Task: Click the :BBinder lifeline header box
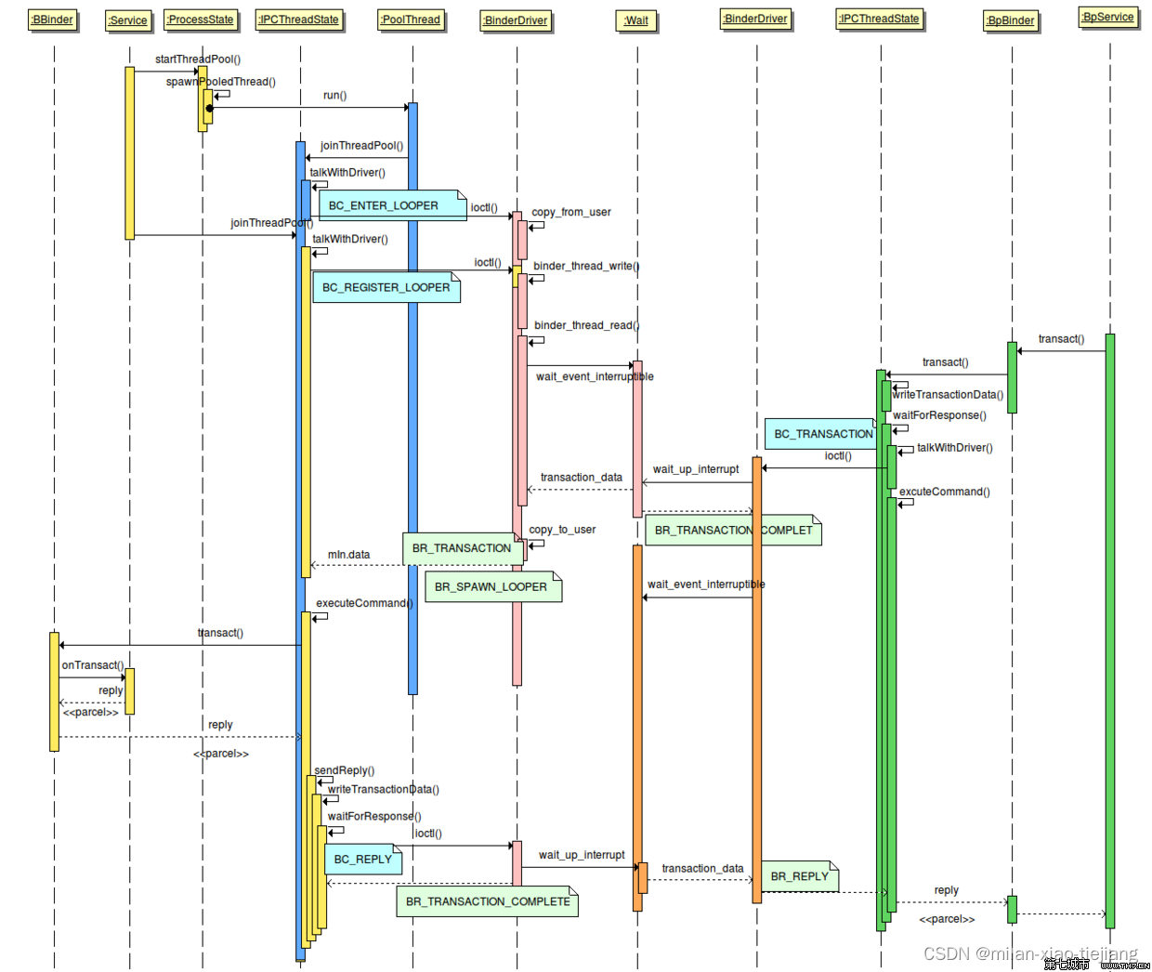coord(52,20)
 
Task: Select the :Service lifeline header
coord(128,20)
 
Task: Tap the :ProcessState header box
coord(201,20)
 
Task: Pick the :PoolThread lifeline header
coord(411,20)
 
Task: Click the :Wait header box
coord(636,20)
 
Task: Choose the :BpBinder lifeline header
coord(1011,20)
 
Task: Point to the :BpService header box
coord(1107,17)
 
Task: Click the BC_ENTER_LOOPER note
coord(392,205)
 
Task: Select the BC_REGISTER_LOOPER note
coord(386,287)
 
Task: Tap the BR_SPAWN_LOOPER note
coord(492,587)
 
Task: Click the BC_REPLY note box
coord(363,860)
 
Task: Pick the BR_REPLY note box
coord(800,876)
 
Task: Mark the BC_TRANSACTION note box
coord(823,434)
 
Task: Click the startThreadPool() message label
coord(198,59)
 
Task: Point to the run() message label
coord(334,96)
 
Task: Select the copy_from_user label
coord(571,212)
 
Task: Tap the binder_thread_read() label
coord(586,325)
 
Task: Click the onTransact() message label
coord(92,665)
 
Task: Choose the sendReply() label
coord(344,770)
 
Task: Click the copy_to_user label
coord(562,530)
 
